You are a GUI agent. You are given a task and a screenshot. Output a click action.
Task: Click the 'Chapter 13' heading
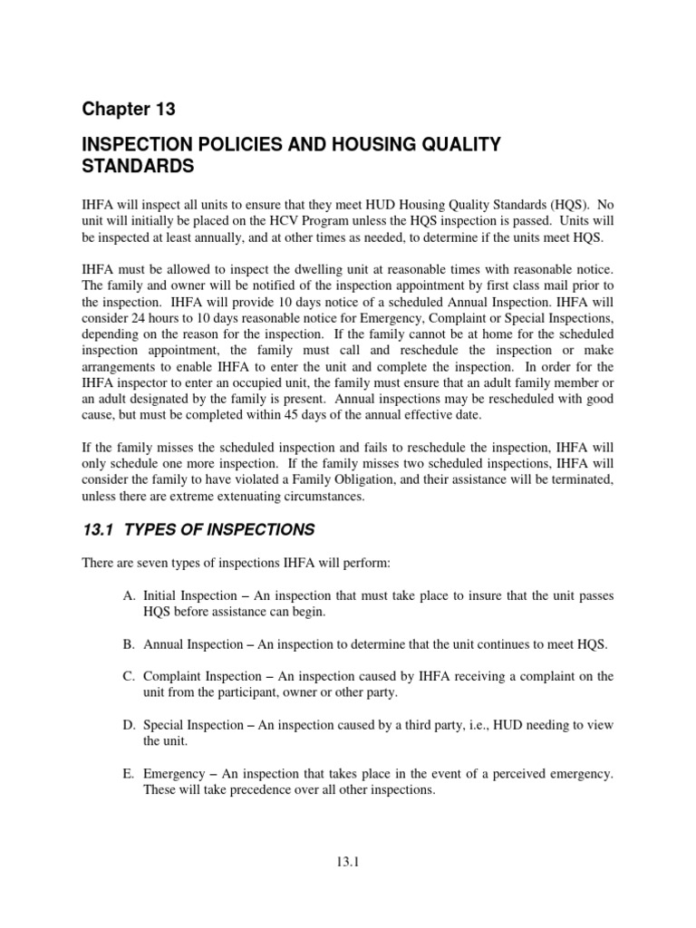[x=128, y=110]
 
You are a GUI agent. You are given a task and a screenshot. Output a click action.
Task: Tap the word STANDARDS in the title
[x=138, y=167]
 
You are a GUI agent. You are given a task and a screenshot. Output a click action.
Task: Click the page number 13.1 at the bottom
[x=348, y=864]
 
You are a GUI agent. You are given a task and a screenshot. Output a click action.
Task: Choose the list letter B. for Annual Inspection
[x=131, y=643]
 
